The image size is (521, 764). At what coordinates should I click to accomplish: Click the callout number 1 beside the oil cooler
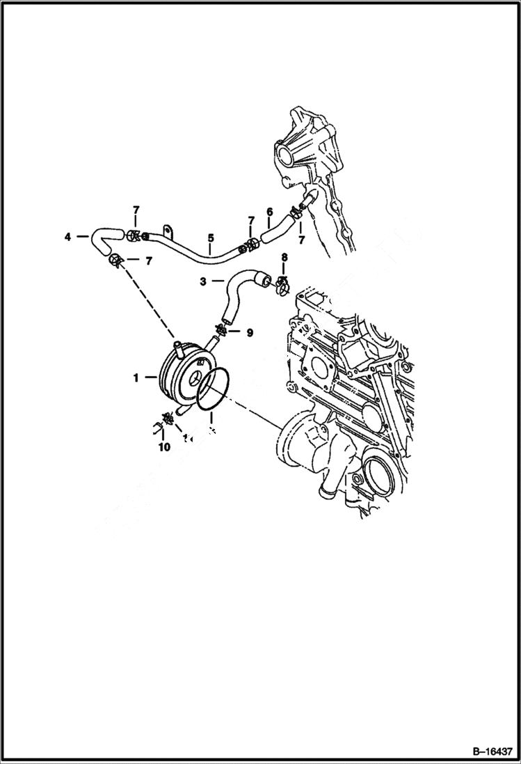[137, 377]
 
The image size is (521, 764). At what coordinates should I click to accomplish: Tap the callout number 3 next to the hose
[202, 282]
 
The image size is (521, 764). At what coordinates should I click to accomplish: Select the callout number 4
[67, 237]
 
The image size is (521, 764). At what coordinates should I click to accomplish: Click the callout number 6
[269, 212]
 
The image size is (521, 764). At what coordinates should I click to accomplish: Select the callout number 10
[164, 447]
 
